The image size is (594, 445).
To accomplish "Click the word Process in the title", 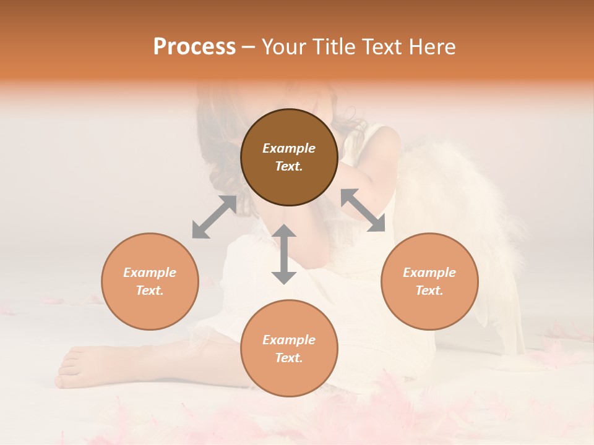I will point(194,47).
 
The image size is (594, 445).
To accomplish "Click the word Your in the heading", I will point(284,47).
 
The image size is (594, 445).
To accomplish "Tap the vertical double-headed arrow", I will point(284,254).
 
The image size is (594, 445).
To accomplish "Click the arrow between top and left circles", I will point(214,217).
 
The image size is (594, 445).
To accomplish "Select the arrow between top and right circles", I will point(363,210).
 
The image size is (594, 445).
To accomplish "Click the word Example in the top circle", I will point(289,148).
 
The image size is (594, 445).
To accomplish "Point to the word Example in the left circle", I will point(150,273).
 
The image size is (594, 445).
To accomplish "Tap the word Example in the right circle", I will point(429,273).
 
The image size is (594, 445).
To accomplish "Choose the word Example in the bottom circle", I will point(289,340).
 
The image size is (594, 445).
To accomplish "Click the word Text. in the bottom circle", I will point(289,358).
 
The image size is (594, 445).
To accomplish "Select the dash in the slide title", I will point(248,48).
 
